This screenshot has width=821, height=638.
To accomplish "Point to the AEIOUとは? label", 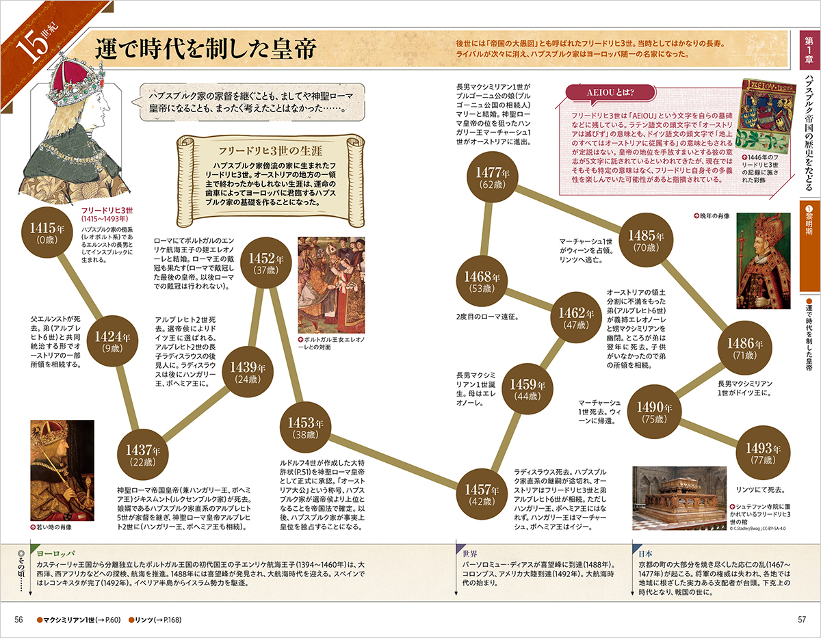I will [x=608, y=92].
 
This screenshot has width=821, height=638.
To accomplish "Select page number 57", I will [x=802, y=620].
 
